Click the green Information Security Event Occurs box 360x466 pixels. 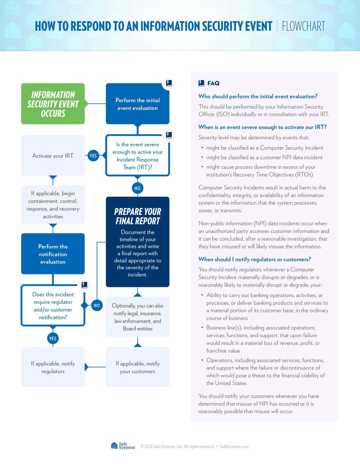[53, 104]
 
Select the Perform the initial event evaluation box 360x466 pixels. [137, 104]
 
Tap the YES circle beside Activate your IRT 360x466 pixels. [93, 156]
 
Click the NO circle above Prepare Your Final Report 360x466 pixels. [137, 188]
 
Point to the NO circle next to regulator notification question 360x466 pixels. [97, 305]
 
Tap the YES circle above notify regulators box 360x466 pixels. [53, 338]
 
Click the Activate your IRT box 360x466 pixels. [53, 156]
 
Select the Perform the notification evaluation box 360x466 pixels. [53, 254]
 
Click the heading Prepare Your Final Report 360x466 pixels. [137, 216]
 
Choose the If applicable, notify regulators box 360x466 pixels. [53, 367]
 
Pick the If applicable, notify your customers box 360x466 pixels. [137, 367]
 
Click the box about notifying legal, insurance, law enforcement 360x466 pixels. [137, 317]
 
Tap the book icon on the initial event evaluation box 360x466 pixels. [169, 83]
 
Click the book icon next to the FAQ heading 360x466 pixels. [201, 83]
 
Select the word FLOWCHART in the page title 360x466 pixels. [303, 26]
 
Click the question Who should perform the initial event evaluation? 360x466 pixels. [258, 96]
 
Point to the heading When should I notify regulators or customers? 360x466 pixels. [255, 259]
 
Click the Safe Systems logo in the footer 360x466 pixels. [123, 446]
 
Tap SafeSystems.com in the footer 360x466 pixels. [234, 447]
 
